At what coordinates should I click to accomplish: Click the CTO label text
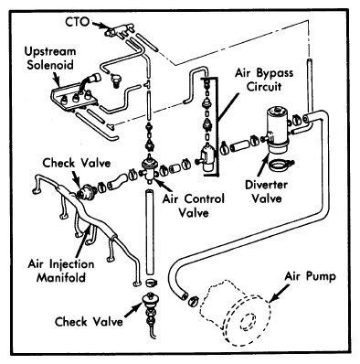pos(78,22)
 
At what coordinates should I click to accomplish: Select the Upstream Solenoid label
pos(50,58)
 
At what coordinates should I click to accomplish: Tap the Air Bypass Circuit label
pos(264,80)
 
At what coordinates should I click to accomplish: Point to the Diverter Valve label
pos(267,192)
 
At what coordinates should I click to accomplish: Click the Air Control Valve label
pos(194,206)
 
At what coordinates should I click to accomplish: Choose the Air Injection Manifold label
pos(61,271)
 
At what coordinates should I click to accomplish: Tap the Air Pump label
pos(311,276)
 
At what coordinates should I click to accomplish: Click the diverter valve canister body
pos(277,130)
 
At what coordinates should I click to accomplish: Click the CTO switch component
pos(118,30)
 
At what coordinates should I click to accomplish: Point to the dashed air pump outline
pos(235,313)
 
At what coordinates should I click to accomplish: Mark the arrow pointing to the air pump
pos(280,294)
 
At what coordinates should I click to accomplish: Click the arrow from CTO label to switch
pos(99,25)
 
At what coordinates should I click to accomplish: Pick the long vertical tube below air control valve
pos(149,232)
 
